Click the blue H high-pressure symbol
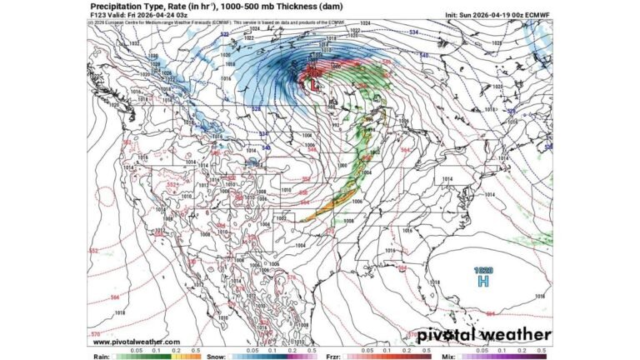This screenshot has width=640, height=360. pyautogui.click(x=482, y=282)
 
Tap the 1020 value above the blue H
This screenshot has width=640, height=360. pyautogui.click(x=482, y=270)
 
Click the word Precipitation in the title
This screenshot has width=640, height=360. pyautogui.click(x=118, y=6)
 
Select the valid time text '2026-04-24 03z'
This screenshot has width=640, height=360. pyautogui.click(x=145, y=15)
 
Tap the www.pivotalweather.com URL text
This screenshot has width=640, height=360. pyautogui.click(x=136, y=342)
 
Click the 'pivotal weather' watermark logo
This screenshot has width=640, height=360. pyautogui.click(x=483, y=335)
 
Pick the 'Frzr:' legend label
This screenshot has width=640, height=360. pyautogui.click(x=331, y=355)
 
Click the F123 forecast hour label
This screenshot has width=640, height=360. pyautogui.click(x=99, y=15)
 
